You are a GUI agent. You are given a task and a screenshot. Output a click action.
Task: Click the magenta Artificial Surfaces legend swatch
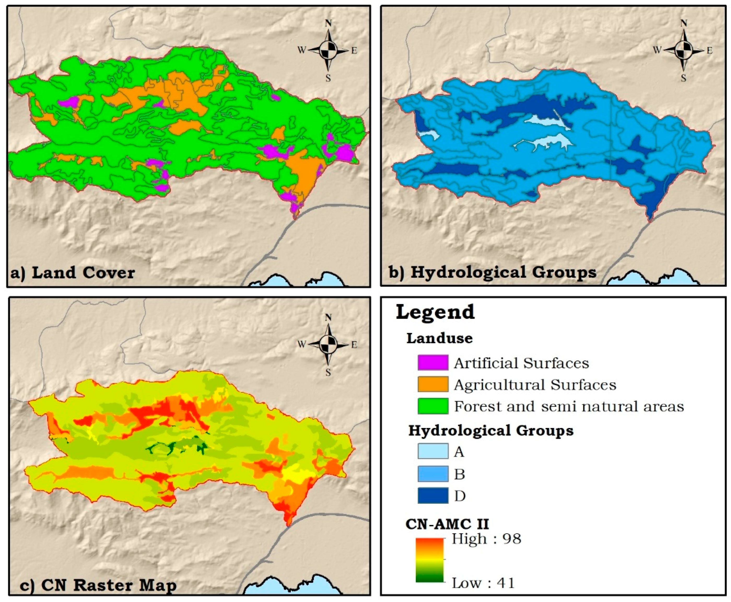(x=432, y=363)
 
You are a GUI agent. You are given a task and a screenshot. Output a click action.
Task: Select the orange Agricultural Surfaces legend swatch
(x=432, y=384)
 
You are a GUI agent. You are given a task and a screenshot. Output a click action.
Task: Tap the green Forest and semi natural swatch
(x=432, y=406)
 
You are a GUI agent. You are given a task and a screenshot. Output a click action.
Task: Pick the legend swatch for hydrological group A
(x=432, y=451)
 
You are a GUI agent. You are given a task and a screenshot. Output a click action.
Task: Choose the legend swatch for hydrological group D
(x=432, y=496)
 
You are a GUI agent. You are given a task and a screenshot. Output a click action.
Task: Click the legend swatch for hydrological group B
(x=432, y=474)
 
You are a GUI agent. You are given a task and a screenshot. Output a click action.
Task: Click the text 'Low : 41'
(x=483, y=583)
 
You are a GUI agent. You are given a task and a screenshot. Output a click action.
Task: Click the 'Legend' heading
(x=435, y=311)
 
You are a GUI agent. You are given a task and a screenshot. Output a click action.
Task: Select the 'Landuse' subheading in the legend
(x=439, y=338)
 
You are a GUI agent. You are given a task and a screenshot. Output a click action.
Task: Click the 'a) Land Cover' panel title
(x=73, y=273)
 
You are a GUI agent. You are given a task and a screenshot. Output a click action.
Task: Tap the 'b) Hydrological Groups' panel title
(x=492, y=272)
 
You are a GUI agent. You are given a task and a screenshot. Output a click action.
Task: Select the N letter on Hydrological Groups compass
(x=683, y=23)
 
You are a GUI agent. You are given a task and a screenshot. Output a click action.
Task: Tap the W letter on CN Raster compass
(x=302, y=345)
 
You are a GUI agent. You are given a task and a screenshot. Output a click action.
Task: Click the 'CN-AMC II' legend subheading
(x=447, y=524)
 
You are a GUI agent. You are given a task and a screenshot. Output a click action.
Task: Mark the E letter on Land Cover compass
(x=354, y=51)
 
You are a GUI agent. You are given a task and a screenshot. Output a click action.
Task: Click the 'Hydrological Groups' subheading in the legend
(x=490, y=431)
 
